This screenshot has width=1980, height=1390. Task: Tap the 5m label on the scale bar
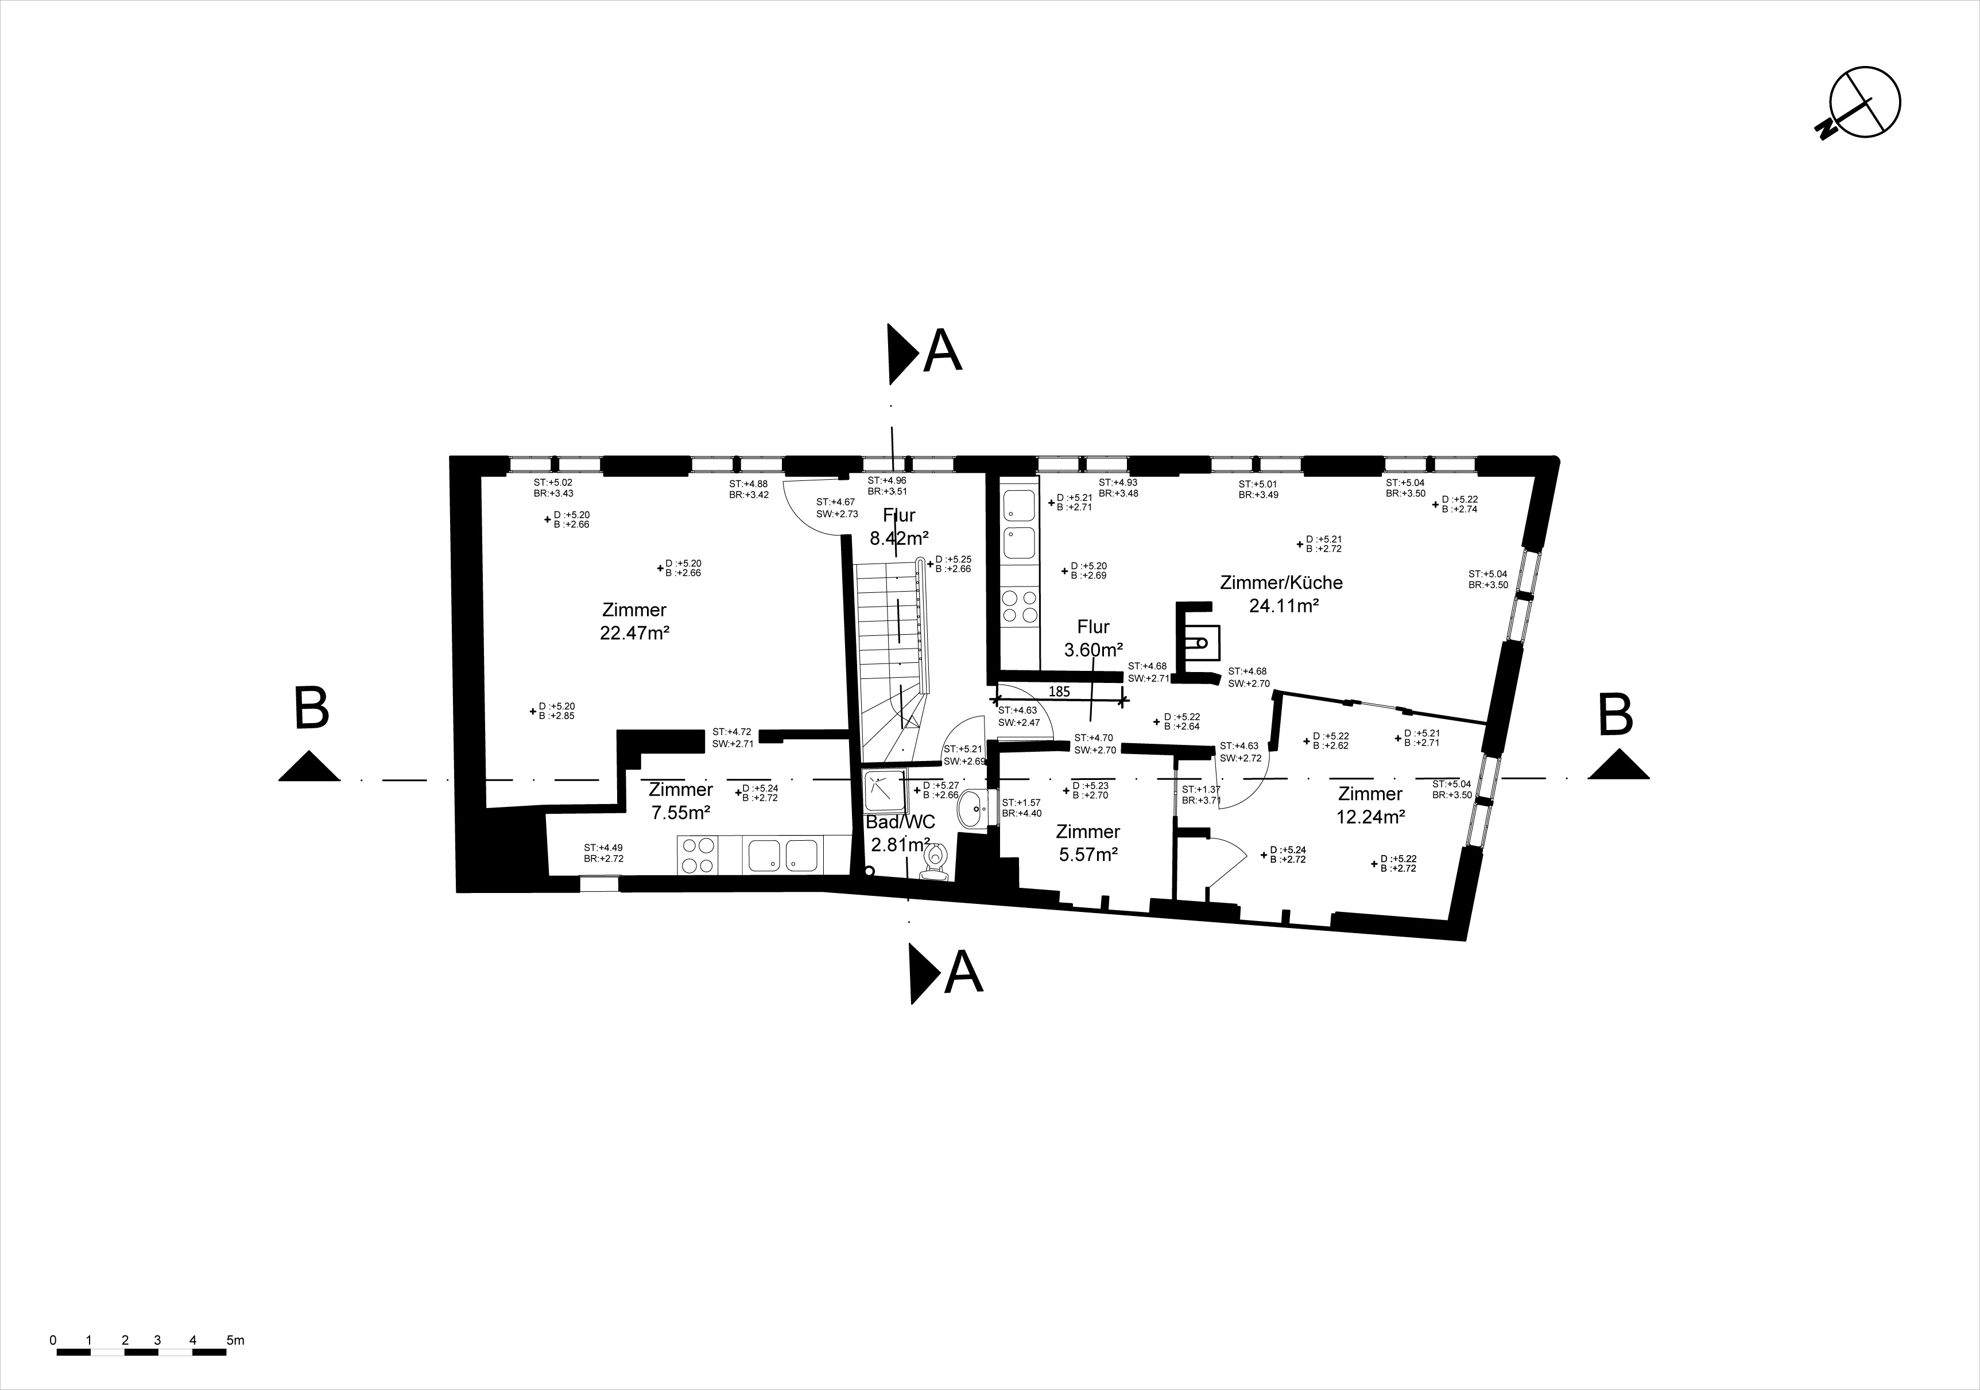coord(235,1341)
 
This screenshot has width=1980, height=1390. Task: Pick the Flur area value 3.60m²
coord(1094,650)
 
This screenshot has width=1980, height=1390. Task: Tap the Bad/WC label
coord(900,822)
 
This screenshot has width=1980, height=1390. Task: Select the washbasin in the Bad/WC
coord(976,809)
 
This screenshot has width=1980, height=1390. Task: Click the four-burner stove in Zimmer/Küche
coord(1020,606)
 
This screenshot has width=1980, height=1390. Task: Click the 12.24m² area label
coord(1370,817)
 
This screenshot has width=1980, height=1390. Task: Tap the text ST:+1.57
coord(1021,803)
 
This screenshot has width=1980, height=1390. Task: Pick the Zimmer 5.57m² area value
coord(1088,855)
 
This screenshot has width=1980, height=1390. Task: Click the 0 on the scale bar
coord(53,1341)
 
